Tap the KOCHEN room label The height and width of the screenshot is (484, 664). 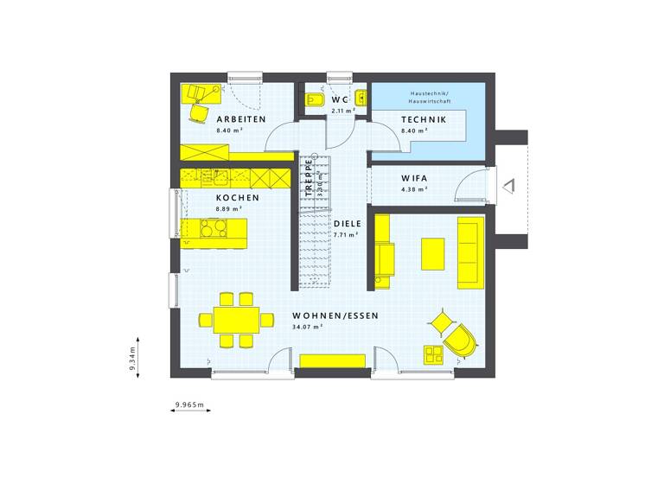click(238, 197)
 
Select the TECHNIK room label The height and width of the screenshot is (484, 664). click(424, 119)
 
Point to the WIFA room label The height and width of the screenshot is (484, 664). click(414, 178)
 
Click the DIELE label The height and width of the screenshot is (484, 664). click(348, 223)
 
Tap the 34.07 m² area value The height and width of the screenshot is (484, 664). click(307, 328)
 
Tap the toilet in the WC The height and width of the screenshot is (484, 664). click(314, 102)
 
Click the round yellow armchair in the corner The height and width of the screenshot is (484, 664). click(459, 340)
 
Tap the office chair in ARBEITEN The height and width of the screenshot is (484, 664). click(201, 111)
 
